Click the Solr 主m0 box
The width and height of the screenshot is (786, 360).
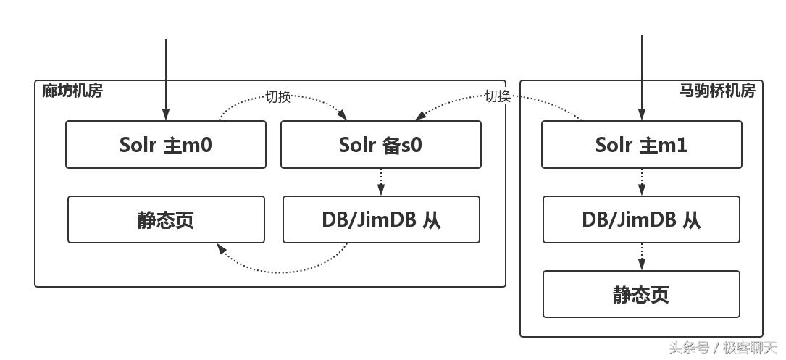point(165,145)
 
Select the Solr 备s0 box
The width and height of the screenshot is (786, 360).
point(380,145)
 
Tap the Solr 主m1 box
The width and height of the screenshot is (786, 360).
point(641,145)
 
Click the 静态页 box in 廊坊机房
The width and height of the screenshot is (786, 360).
point(166,219)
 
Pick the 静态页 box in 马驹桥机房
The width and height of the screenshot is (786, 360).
point(641,294)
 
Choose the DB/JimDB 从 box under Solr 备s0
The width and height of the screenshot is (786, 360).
point(381,219)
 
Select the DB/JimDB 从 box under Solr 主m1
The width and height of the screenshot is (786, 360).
point(641,219)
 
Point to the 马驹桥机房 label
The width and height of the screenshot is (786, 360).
point(717,91)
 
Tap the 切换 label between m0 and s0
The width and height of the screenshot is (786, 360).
point(278,97)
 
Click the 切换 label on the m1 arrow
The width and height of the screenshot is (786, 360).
point(498,96)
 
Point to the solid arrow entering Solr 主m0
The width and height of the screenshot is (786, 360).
point(166,80)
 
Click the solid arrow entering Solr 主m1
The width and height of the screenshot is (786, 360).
point(642,80)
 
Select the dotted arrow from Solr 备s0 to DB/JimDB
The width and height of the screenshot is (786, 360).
point(381,182)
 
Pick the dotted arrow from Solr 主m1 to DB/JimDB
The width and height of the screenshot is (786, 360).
point(642,182)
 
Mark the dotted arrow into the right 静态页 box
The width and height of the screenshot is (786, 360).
point(642,256)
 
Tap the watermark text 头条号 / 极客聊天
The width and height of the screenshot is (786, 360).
point(722,348)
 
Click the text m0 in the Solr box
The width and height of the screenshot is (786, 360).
point(198,145)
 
